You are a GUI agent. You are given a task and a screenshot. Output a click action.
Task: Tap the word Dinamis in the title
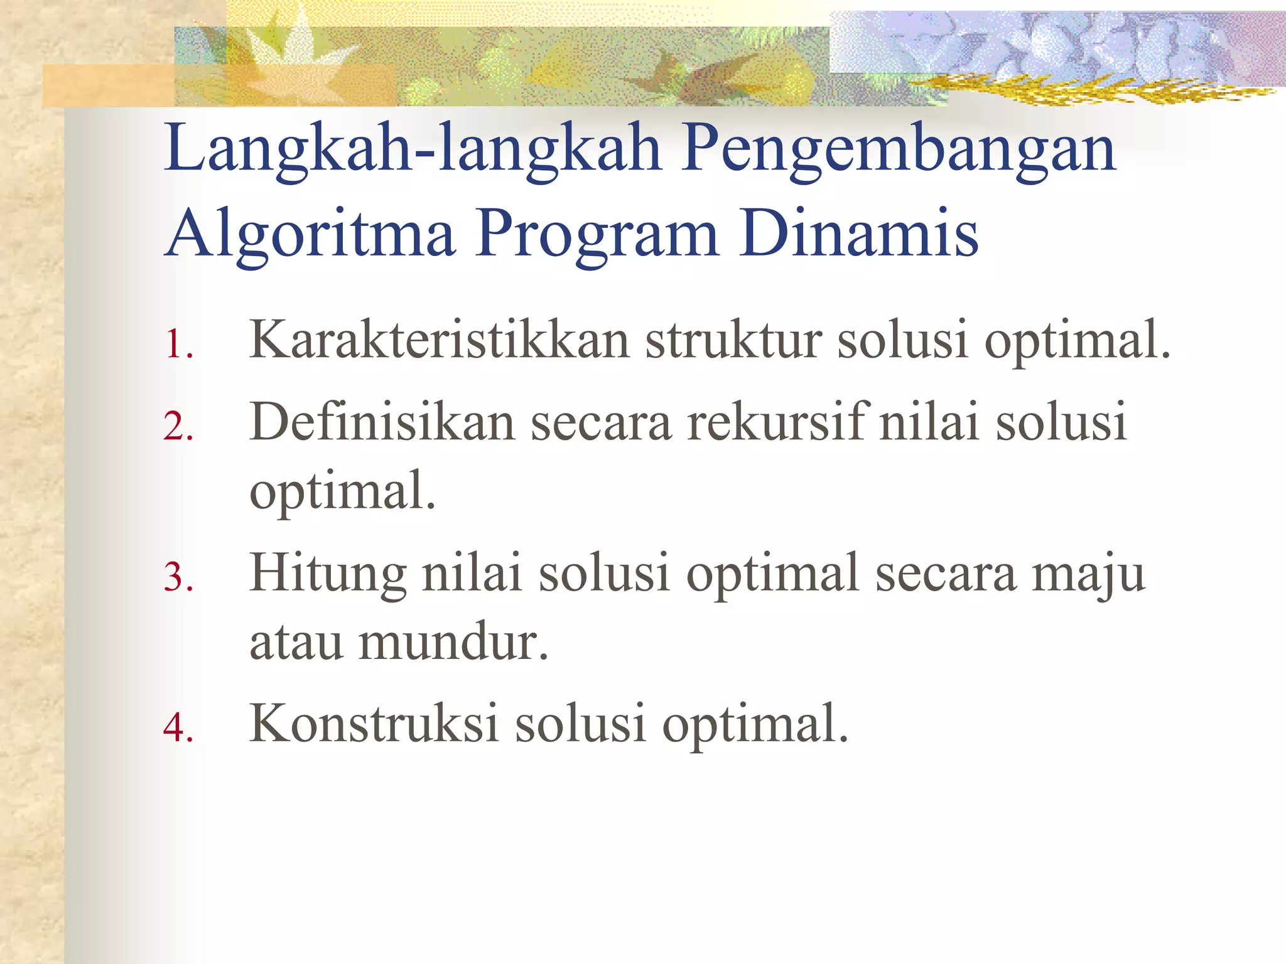(x=858, y=233)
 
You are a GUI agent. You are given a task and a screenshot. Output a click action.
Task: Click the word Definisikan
(x=382, y=422)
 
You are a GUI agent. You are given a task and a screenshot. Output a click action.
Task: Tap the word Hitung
(x=327, y=574)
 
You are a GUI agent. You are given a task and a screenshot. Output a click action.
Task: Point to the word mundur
(x=452, y=641)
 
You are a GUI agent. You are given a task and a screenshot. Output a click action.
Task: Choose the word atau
(x=296, y=643)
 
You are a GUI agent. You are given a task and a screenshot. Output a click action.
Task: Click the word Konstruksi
(x=374, y=723)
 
